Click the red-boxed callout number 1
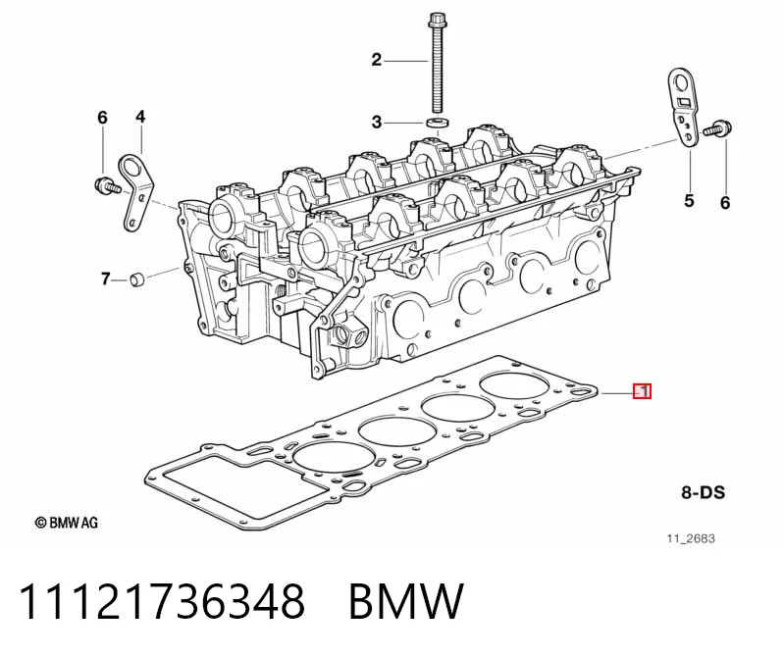coord(643,390)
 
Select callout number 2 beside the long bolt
coord(377,60)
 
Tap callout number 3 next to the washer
coord(377,122)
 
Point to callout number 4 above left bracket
coord(140,117)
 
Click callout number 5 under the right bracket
coord(689,201)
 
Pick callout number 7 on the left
coord(105,278)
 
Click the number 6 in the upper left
coord(102,118)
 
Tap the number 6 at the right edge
coord(725,202)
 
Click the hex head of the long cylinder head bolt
coord(434,21)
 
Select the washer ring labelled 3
coord(437,123)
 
